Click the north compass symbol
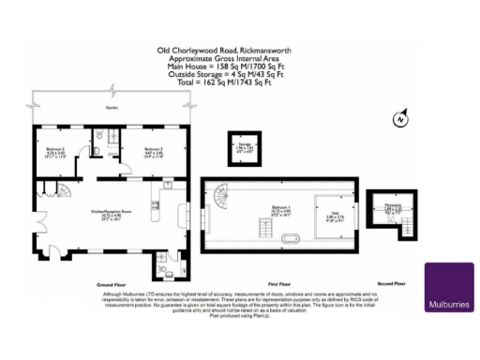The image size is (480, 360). click(401, 118)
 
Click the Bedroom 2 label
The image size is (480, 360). click(55, 153)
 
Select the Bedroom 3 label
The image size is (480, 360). click(154, 153)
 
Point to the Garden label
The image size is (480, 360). click(112, 108)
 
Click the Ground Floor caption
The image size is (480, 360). click(111, 282)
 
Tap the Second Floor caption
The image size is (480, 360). click(392, 282)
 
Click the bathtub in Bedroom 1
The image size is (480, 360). click(290, 241)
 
